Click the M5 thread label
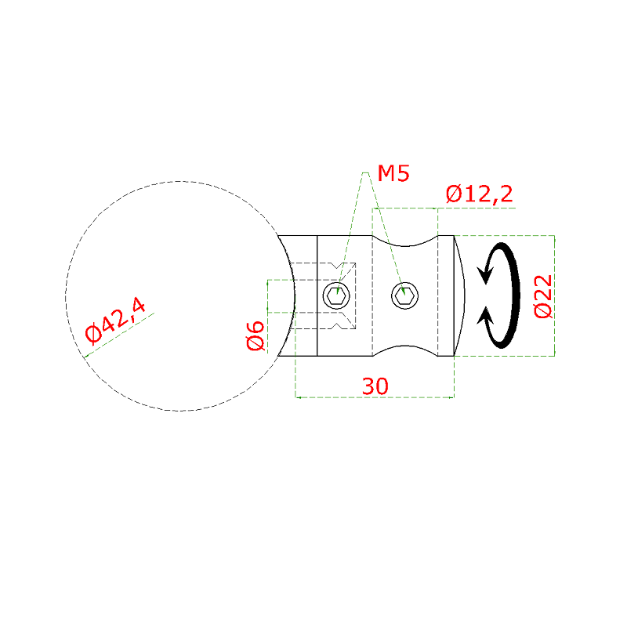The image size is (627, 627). coord(393,173)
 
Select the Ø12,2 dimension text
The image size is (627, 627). coord(479,194)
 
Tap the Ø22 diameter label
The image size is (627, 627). coord(543,296)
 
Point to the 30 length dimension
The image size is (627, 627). coord(375,386)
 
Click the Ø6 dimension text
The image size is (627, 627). coord(256,336)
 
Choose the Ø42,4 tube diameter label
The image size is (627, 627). coord(115,321)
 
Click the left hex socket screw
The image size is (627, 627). coord(336,296)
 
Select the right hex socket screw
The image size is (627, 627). coord(404,296)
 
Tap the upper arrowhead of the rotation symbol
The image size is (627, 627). coord(485,274)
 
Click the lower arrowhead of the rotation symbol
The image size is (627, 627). coord(485,315)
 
